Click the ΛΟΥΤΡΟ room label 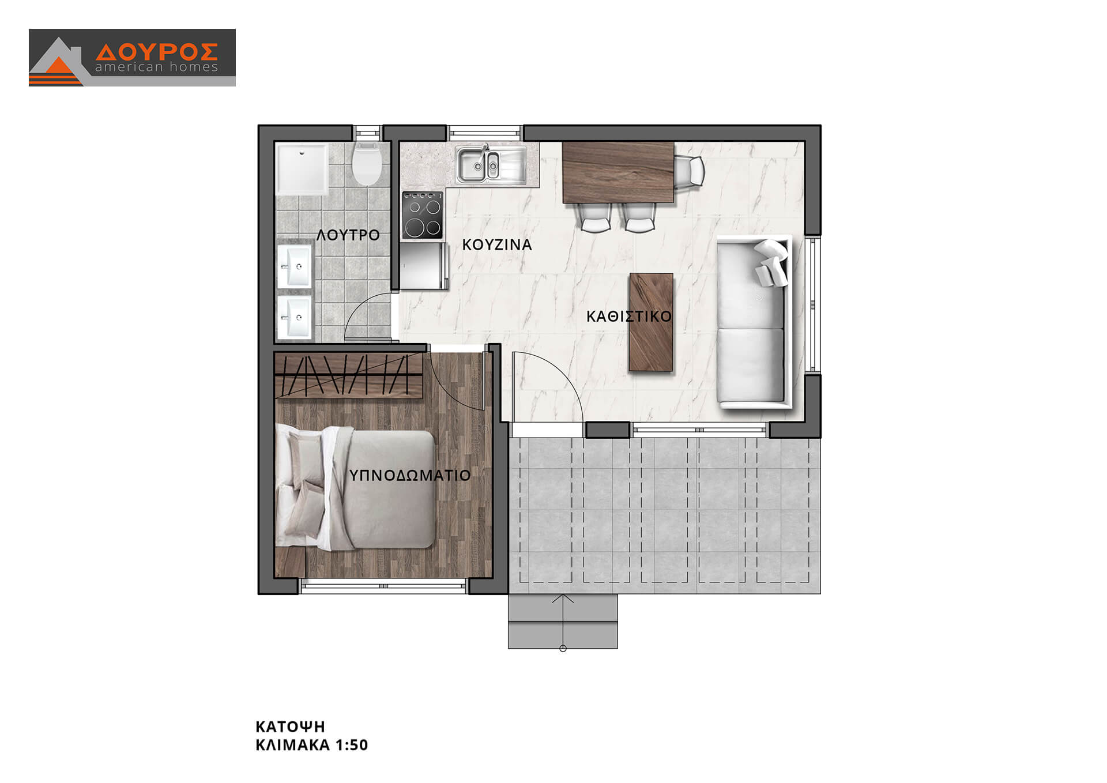coord(348,235)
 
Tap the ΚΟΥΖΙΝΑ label coord(497,245)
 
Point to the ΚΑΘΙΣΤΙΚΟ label coord(629,317)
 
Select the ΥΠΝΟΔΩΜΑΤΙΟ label coord(410,476)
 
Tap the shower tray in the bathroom coord(302,170)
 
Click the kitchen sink coord(491,164)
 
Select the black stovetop coord(423,215)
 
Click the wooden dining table coord(618,172)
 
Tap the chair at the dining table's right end coord(690,171)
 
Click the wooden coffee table coord(652,322)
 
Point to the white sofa coord(754,322)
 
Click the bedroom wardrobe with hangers coord(349,376)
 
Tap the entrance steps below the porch coord(563,622)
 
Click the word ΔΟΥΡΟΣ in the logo coord(157,52)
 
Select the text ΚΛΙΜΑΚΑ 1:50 coord(312,745)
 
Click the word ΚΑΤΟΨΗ coord(291,726)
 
